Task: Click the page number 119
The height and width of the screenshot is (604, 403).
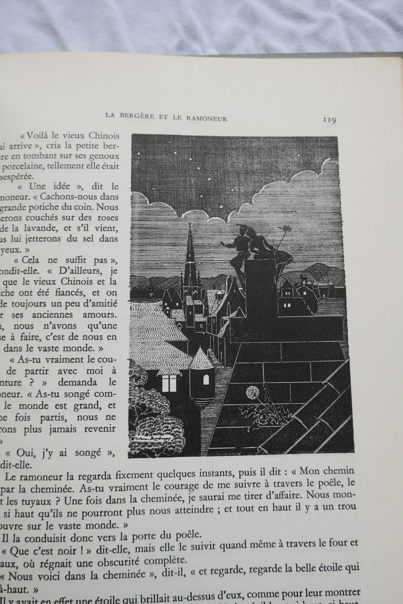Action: click(329, 120)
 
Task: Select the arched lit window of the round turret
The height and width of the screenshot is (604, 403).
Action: click(206, 378)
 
